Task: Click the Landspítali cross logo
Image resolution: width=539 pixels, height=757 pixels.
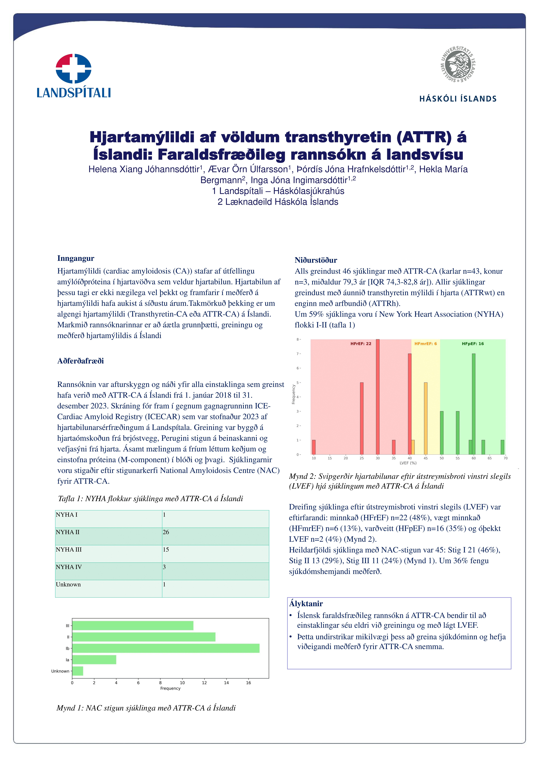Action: point(73,68)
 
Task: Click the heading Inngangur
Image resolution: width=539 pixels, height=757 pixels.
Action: point(76,258)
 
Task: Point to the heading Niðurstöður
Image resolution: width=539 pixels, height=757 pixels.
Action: point(316,260)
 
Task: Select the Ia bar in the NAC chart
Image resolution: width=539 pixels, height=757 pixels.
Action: point(94,659)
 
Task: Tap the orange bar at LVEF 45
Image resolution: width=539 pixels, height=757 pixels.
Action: point(425,418)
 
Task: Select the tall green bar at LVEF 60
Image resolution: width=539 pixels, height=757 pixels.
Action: point(474,404)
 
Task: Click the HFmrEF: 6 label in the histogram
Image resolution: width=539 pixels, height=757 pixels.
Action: point(425,344)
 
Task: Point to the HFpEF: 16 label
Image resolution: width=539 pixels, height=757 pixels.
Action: point(473,344)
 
